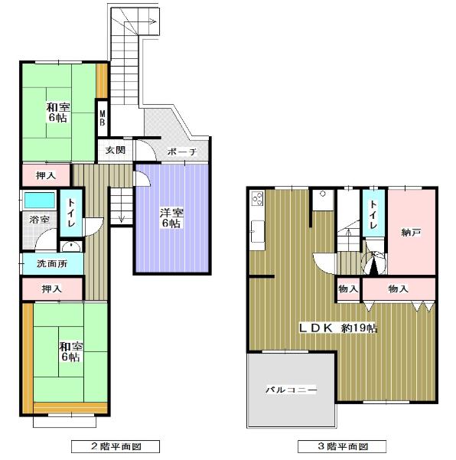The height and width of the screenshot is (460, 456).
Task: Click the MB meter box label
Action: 103,118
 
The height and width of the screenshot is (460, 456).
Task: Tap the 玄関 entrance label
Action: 116,150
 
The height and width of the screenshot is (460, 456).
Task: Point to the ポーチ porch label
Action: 182,152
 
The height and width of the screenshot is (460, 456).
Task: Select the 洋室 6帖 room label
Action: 171,218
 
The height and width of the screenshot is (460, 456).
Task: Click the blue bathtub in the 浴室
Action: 40,200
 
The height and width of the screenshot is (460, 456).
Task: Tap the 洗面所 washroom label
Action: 52,263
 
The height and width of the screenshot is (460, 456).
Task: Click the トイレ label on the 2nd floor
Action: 71,213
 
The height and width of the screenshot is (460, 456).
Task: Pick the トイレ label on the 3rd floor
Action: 373,214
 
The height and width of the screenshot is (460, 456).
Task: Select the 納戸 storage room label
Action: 411,233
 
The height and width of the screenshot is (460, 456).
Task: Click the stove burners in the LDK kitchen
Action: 258,198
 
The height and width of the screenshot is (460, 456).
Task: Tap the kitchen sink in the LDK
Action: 257,231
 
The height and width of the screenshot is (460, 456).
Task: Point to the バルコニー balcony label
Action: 292,390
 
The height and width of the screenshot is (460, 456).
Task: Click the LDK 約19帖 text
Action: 338,328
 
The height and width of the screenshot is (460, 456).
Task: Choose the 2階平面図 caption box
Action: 116,446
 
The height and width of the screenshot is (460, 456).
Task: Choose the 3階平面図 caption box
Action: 342,446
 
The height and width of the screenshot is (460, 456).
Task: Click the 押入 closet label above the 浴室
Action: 46,175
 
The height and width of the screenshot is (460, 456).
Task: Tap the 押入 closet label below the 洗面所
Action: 52,289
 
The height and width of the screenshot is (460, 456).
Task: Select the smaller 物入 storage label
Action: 348,289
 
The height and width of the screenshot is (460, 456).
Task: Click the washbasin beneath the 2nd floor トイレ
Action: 71,246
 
